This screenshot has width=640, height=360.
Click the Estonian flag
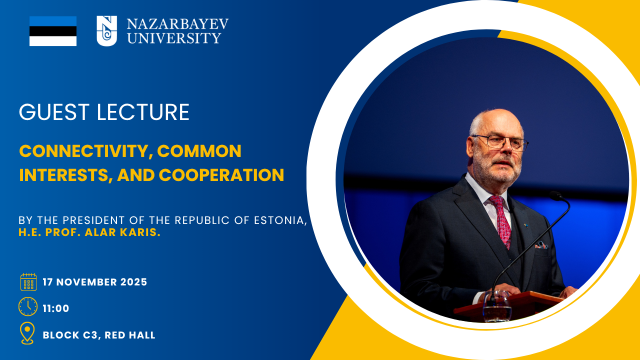(53, 31)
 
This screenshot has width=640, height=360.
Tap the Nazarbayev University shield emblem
(106, 31)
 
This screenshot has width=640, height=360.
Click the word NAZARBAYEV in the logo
(177, 24)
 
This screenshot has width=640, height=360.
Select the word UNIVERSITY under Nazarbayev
(174, 38)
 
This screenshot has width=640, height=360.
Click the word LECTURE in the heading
(143, 112)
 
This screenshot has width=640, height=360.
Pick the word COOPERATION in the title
(221, 175)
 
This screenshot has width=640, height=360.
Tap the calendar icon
(28, 282)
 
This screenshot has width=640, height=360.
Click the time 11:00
(56, 308)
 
